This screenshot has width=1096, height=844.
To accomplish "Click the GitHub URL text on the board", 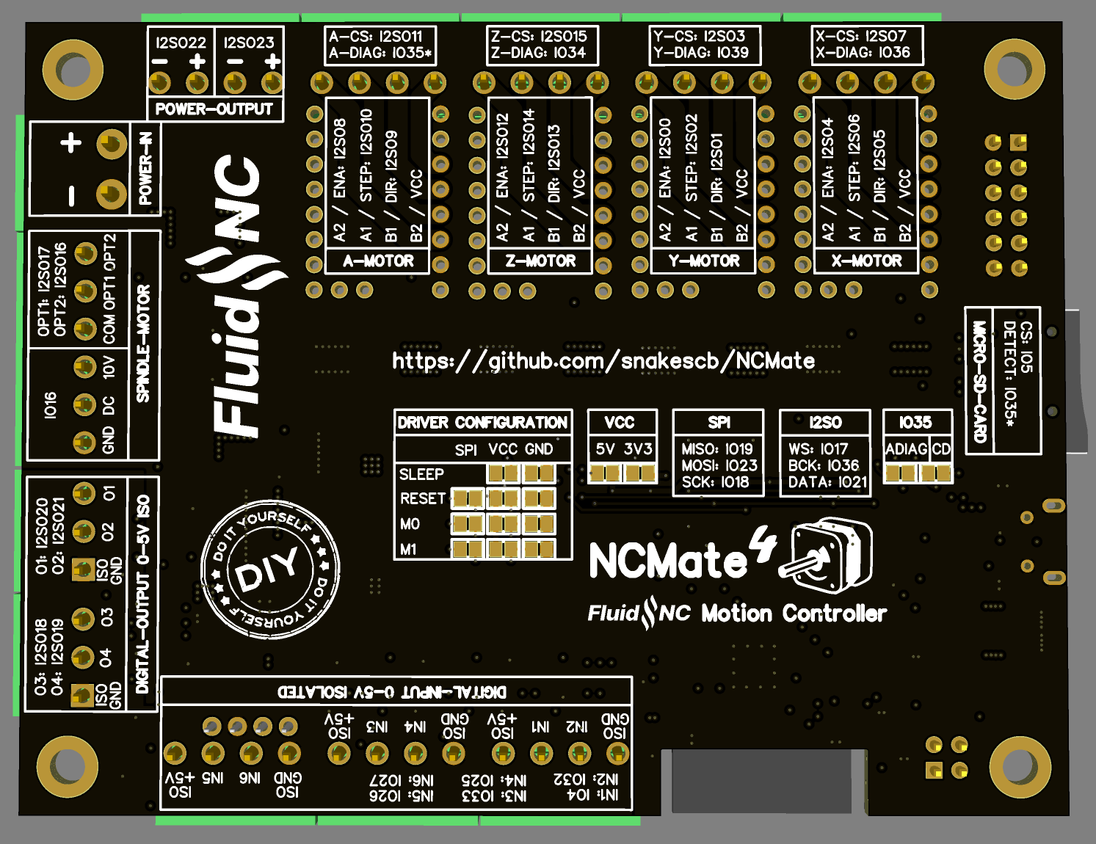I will coord(603,360).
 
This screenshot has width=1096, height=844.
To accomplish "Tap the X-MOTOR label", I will coord(866,261).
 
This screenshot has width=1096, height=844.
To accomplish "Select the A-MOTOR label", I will coord(378,261).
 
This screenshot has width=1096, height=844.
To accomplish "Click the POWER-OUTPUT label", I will coord(214,109).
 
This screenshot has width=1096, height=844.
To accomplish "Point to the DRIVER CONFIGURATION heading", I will coord(482,423).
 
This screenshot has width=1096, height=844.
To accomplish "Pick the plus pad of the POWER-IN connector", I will coord(112,144).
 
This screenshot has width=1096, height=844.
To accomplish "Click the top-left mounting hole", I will coord(73,70).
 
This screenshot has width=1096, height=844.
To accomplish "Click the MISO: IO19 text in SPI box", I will coord(717,449).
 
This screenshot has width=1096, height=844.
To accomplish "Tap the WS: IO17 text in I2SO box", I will coord(818,449).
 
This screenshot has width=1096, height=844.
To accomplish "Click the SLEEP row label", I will coord(421,474).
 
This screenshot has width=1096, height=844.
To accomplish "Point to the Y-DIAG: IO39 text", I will coord(701,53).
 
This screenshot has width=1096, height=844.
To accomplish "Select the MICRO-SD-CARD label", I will coord(979,381).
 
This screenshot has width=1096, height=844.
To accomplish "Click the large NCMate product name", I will coord(668,561).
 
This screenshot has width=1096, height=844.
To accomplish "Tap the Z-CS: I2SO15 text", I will coord(539,36).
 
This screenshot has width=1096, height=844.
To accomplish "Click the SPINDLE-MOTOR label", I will coord(143,343).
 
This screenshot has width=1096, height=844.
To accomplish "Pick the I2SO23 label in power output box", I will coord(249,43).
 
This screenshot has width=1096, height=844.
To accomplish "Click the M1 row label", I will coord(408,550).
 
